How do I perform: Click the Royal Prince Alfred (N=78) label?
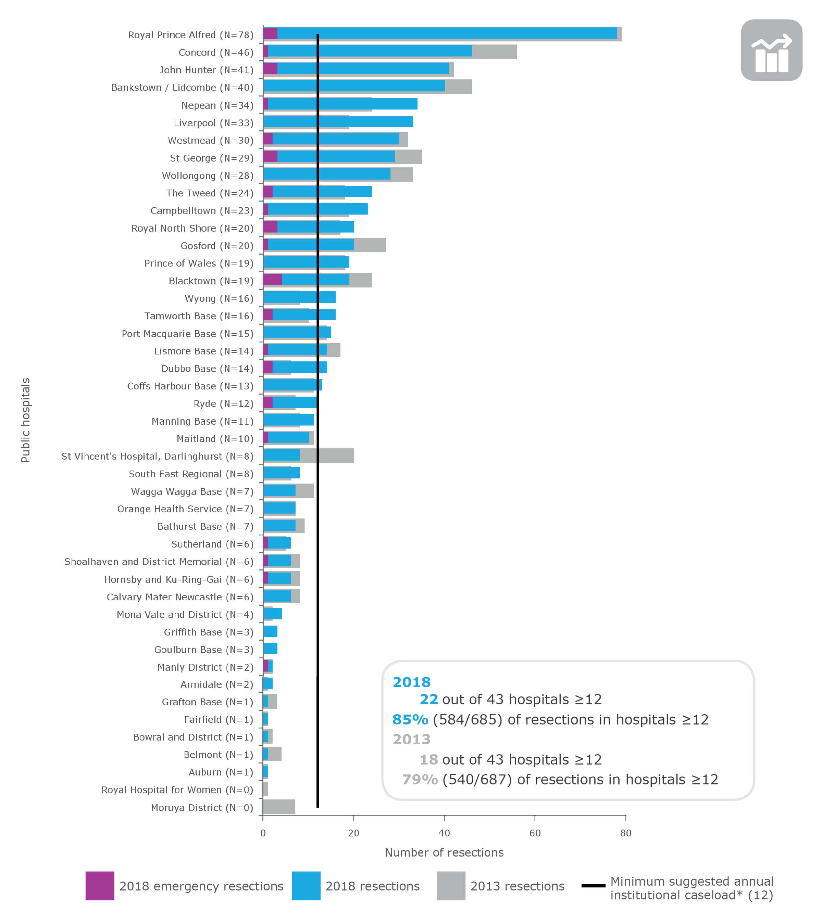coord(190,35)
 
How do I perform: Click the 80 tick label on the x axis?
coord(626,833)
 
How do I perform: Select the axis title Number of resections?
coord(444,852)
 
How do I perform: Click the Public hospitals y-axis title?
coord(25,420)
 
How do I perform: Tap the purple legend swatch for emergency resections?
coord(100,886)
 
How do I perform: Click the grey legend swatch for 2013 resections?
coord(451,886)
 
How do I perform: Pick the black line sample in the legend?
coord(593,886)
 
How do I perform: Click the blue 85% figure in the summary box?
coord(410,719)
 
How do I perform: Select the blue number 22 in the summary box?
coord(428,699)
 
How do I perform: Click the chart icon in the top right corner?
coord(771,50)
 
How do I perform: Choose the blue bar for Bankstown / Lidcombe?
coord(353,86)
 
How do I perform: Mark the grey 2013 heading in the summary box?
coord(411,739)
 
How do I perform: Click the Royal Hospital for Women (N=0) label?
coord(177,790)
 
